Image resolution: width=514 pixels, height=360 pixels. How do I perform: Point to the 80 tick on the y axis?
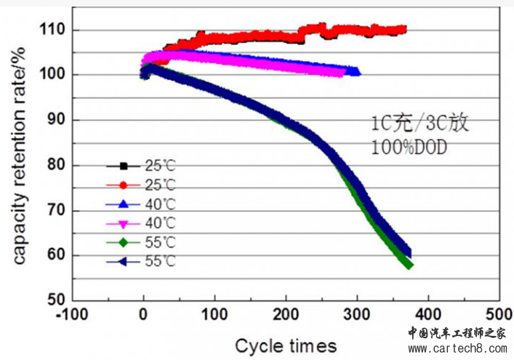pyautogui.click(x=73, y=165)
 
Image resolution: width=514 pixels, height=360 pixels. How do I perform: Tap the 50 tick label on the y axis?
pyautogui.click(x=56, y=300)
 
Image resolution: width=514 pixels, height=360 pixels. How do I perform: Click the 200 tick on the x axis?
pyautogui.click(x=286, y=300)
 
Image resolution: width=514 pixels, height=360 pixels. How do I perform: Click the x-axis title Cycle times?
pyautogui.click(x=286, y=344)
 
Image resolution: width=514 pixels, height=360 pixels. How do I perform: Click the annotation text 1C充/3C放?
pyautogui.click(x=417, y=122)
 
